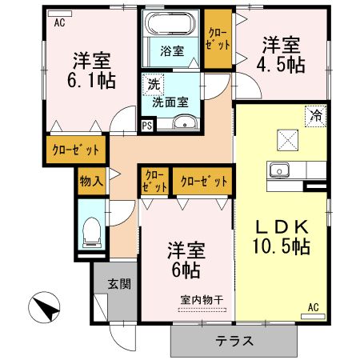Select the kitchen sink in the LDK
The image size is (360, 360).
[x=279, y=170]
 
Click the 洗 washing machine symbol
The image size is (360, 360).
[x=151, y=82]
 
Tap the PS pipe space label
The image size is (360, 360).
[x=147, y=125]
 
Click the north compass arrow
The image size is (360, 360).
[x=45, y=307]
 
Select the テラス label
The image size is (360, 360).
[x=234, y=341]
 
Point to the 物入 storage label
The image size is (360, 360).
[x=90, y=181]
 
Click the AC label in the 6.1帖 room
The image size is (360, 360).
[x=59, y=23]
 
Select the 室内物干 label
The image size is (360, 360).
[x=201, y=299]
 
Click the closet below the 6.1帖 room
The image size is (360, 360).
[x=77, y=150]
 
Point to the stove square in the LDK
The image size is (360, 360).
[x=286, y=138]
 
